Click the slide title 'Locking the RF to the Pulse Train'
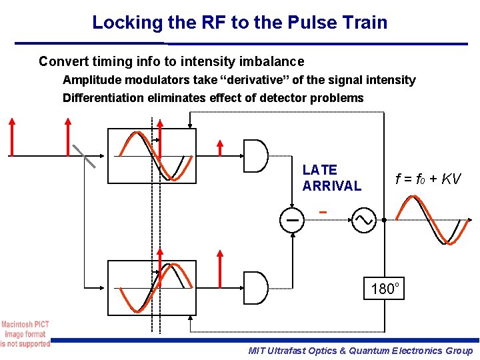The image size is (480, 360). pos(239,22)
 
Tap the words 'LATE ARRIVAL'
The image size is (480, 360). pos(331,178)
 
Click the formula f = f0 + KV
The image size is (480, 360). pos(427,179)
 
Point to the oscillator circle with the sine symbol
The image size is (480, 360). pos(365,219)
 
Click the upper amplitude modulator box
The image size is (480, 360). pos(152,156)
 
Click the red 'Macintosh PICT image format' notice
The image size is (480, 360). pos(25,334)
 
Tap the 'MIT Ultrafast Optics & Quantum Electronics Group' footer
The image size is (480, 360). pos(360,351)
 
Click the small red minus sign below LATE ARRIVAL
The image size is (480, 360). pos(323,213)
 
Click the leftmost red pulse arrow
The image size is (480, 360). pos(12,137)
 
